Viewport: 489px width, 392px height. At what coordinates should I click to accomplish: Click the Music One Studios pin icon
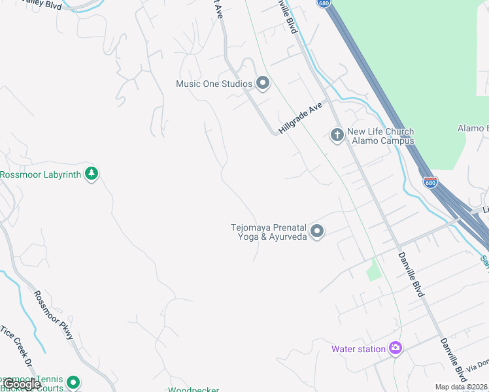tap(263, 83)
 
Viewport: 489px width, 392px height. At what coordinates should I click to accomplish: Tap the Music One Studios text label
tap(214, 84)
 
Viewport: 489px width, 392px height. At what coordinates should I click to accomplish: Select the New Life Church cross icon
tap(337, 135)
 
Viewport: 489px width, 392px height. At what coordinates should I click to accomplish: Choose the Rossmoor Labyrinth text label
tap(41, 174)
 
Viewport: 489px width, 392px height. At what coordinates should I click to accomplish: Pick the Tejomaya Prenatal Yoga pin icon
tap(317, 231)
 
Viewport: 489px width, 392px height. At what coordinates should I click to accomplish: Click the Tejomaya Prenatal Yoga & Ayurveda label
tap(269, 232)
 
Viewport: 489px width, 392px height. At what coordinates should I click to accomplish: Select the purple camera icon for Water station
tap(395, 348)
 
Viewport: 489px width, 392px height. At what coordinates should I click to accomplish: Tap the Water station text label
tap(358, 349)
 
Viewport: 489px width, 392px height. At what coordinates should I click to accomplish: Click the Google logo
tap(22, 384)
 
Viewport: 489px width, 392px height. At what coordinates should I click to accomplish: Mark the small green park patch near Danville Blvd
tap(373, 269)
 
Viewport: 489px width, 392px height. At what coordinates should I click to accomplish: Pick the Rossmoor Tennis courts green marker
tap(73, 382)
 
